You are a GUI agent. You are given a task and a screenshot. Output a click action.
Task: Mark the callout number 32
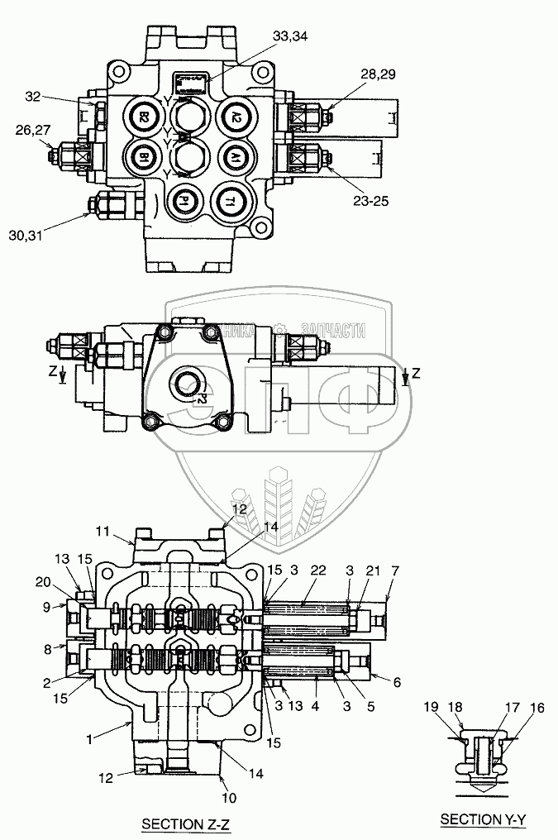(34, 97)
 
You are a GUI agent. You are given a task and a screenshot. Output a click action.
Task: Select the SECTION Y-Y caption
(482, 819)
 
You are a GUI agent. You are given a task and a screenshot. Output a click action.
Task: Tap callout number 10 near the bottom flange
(229, 798)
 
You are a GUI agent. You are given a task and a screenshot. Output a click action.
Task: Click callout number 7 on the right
(395, 571)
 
